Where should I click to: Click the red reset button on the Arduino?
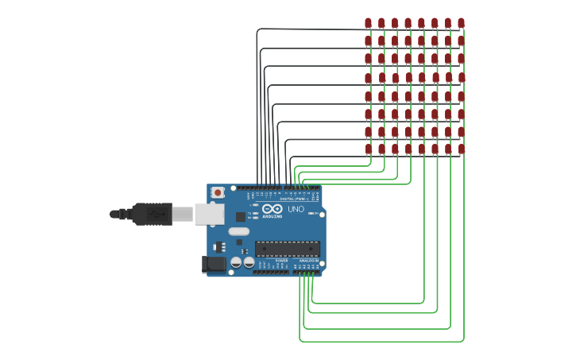click(218, 193)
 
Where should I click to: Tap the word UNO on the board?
click(296, 210)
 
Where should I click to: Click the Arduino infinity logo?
click(272, 209)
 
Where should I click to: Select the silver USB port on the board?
click(209, 213)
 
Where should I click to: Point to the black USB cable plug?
click(152, 214)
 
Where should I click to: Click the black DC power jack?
click(213, 264)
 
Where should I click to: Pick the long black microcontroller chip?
click(288, 249)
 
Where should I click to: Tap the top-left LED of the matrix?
click(368, 23)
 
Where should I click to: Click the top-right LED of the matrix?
click(461, 23)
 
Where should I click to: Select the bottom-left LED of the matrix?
click(368, 149)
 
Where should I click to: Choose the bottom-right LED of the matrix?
click(461, 149)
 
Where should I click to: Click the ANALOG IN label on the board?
click(308, 261)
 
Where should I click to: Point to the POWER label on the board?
click(282, 261)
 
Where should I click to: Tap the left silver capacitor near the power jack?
click(236, 262)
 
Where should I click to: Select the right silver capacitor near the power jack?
click(249, 262)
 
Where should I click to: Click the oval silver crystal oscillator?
click(238, 232)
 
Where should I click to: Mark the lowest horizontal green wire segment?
click(381, 341)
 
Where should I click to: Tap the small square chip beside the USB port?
click(240, 216)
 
